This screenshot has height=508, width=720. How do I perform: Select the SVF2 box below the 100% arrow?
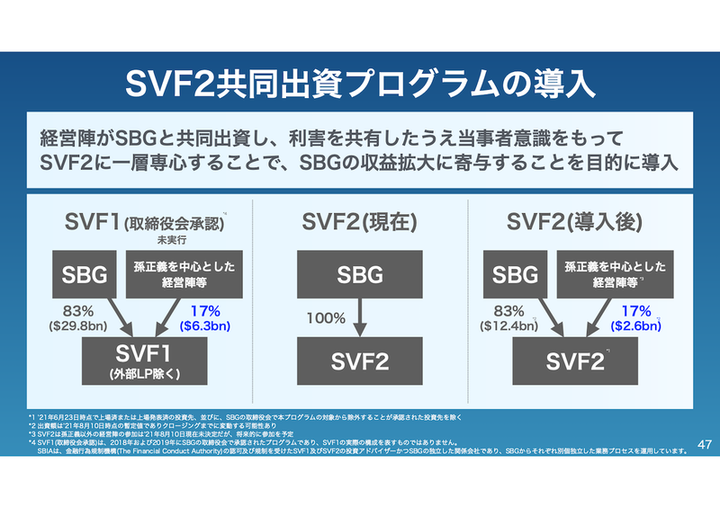point(360,362)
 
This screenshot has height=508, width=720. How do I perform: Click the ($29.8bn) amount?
point(77,327)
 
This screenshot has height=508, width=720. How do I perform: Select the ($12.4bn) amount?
point(508,327)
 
